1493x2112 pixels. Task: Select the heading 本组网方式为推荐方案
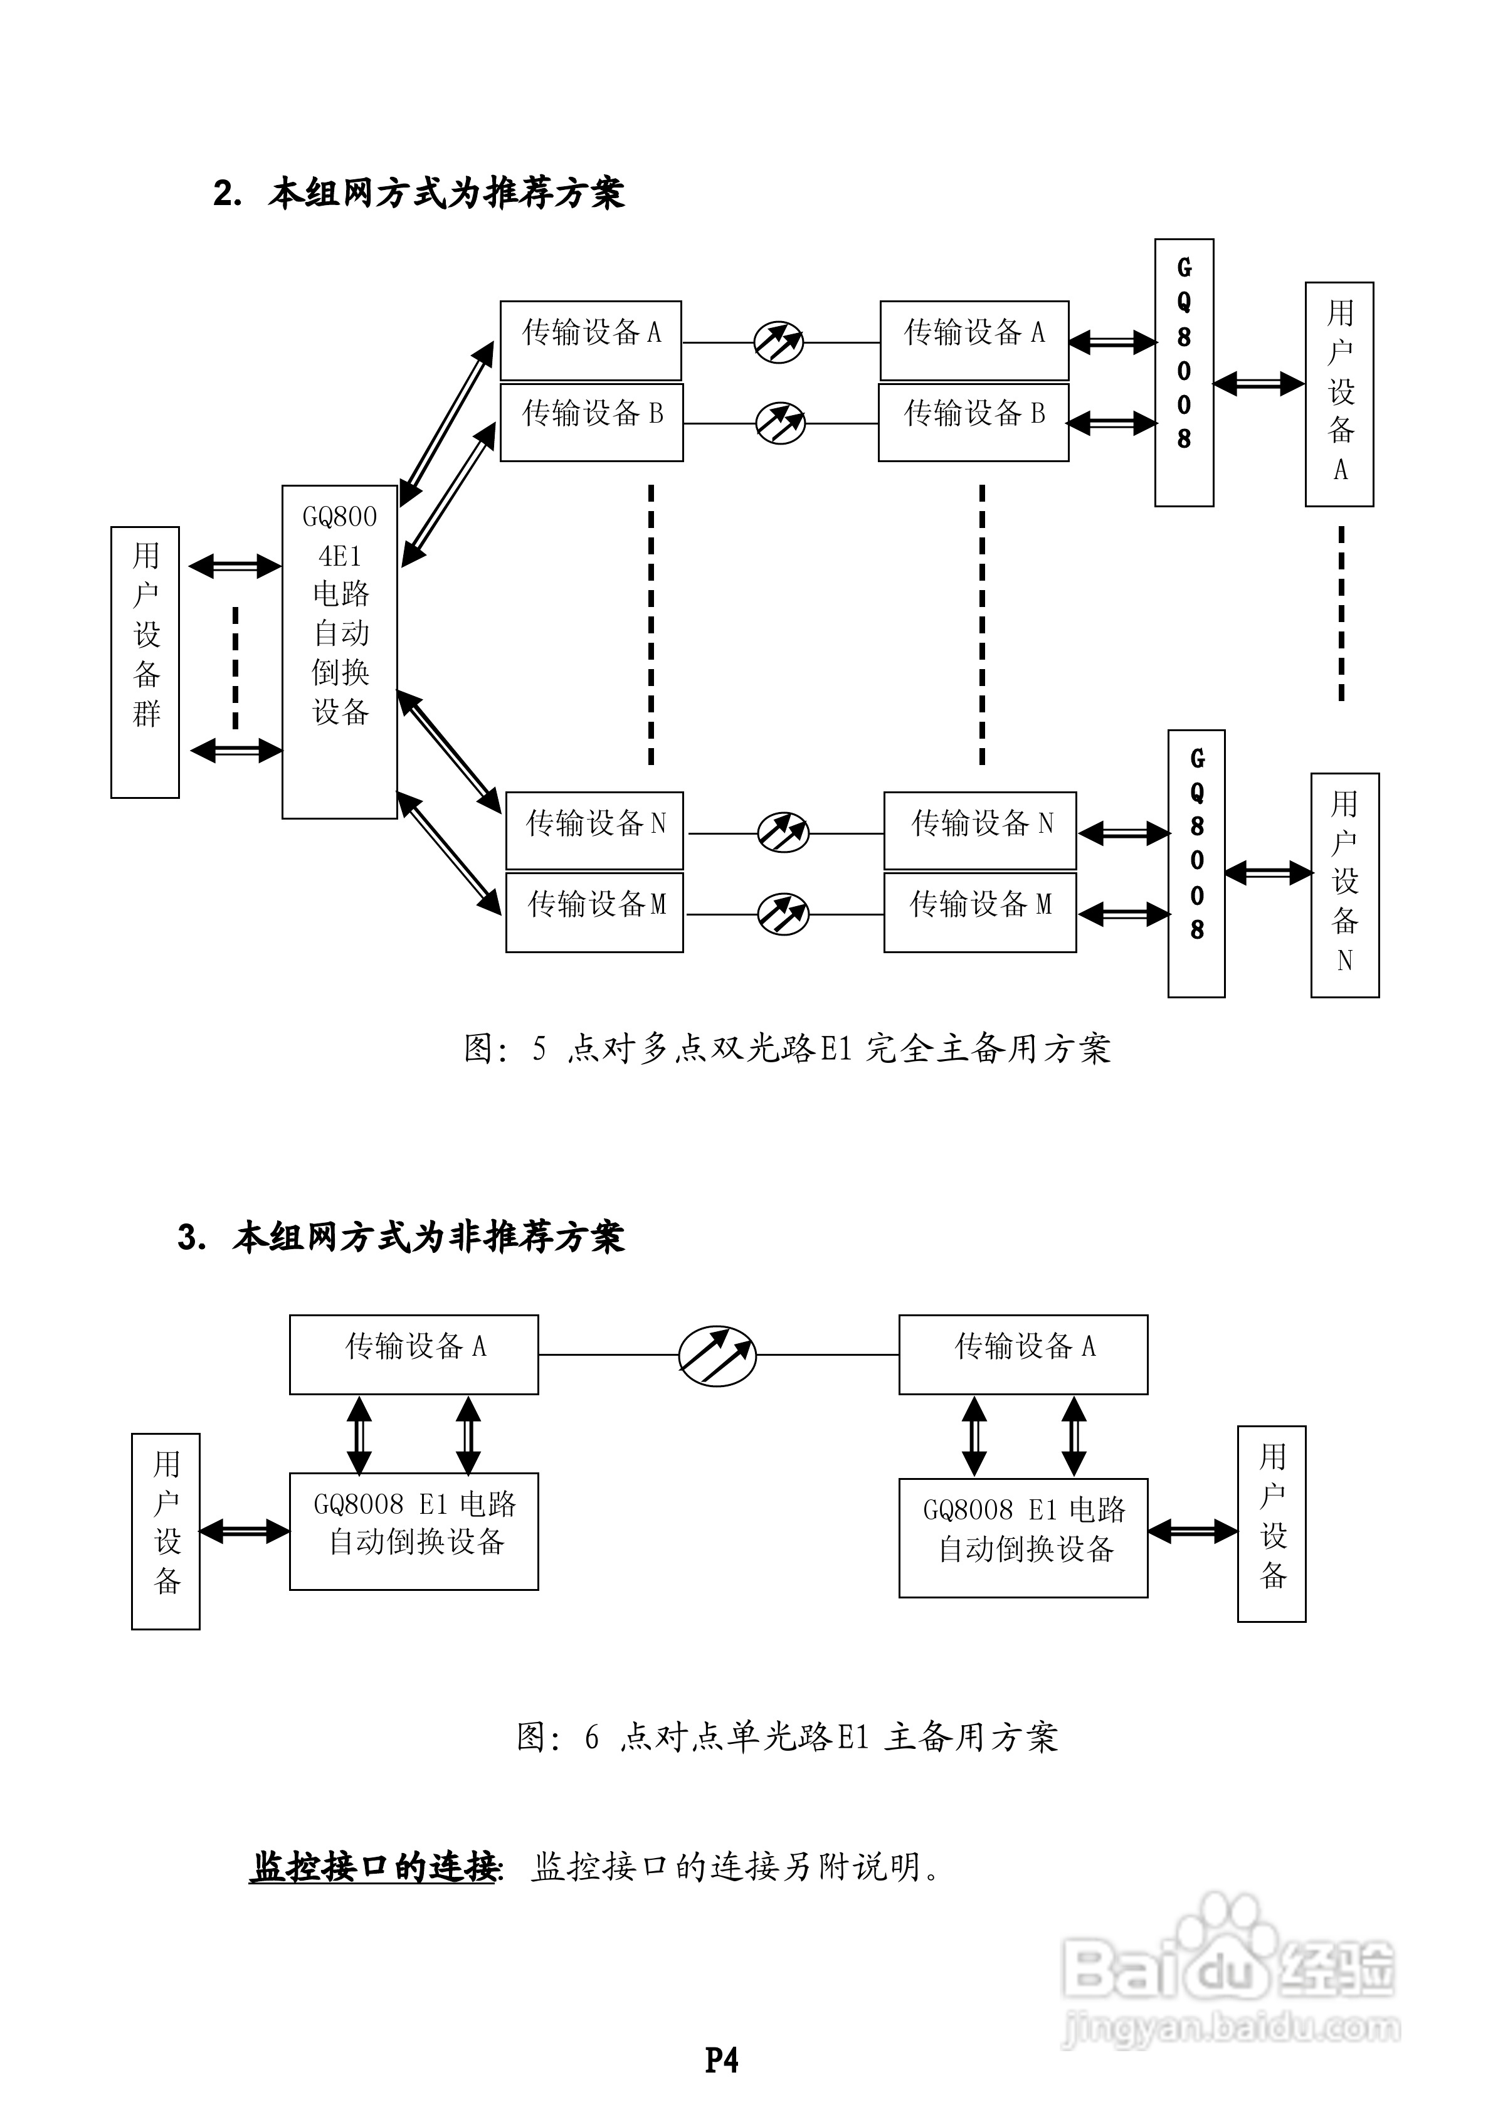[x=446, y=193]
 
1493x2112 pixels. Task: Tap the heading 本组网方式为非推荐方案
[x=429, y=1237]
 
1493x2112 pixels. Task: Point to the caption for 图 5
[x=788, y=1048]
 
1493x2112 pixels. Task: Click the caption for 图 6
[x=788, y=1737]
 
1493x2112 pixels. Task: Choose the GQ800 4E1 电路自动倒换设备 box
[x=339, y=652]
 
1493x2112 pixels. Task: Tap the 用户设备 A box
[x=1339, y=394]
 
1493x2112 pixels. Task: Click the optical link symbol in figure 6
[x=717, y=1356]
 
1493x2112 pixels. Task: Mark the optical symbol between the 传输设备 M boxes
[x=783, y=914]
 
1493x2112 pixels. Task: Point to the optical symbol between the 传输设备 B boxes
[x=780, y=423]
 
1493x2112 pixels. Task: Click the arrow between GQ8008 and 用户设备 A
[x=1258, y=384]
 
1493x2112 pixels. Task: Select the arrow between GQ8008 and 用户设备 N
[x=1268, y=872]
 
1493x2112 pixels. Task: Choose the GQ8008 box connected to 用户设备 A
[x=1184, y=372]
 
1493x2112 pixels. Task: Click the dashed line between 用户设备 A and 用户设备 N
[x=1341, y=613]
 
